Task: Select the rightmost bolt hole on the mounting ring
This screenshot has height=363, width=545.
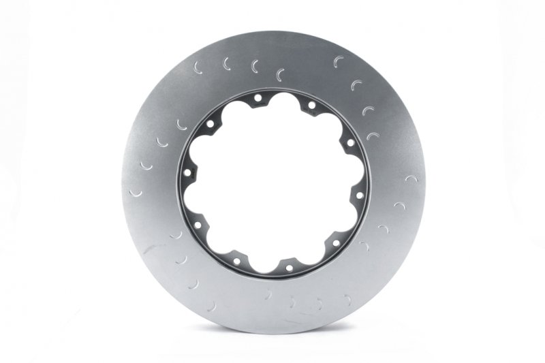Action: click(x=359, y=195)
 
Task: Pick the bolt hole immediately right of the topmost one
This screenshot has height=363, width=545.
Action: click(x=311, y=105)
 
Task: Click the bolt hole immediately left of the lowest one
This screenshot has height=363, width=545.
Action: click(x=236, y=261)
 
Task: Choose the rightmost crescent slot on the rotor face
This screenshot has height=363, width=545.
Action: click(x=411, y=178)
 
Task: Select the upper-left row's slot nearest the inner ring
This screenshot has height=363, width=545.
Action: click(x=280, y=74)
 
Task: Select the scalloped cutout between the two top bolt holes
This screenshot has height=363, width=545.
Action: click(x=285, y=103)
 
